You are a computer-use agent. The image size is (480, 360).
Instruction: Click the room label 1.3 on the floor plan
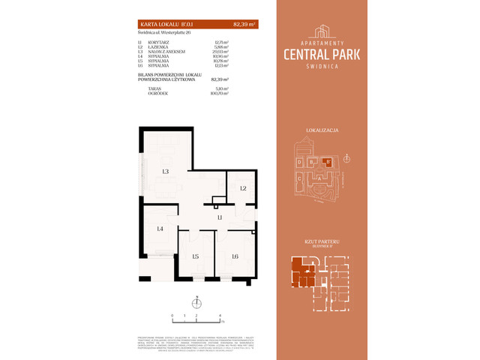tap(164, 172)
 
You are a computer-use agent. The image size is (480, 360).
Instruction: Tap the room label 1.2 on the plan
tap(243, 187)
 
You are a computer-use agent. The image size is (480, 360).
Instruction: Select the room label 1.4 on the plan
tap(160, 229)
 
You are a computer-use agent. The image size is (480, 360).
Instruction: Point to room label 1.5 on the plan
tap(195, 256)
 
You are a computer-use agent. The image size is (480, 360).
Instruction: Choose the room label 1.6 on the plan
tap(235, 256)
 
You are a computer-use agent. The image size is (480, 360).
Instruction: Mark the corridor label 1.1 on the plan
tap(220, 217)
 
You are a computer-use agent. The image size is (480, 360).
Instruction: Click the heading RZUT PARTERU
tap(323, 239)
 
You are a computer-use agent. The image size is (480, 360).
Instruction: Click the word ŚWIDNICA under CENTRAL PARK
tap(323, 64)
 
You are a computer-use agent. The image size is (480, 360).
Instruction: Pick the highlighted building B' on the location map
tap(326, 160)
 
